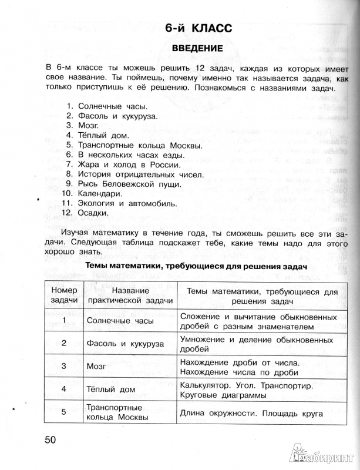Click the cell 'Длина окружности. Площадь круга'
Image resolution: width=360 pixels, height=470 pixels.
[253, 412]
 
